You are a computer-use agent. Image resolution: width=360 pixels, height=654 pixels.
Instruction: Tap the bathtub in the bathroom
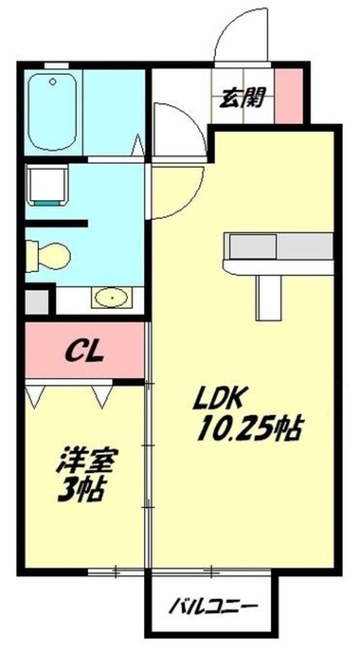53,112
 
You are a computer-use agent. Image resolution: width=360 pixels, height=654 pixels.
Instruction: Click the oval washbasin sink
111,298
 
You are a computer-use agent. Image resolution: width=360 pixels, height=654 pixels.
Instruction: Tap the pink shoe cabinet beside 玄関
289,96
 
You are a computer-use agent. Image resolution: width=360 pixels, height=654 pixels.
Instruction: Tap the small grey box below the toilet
37,302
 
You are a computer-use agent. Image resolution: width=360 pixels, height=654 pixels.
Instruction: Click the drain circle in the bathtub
53,82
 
